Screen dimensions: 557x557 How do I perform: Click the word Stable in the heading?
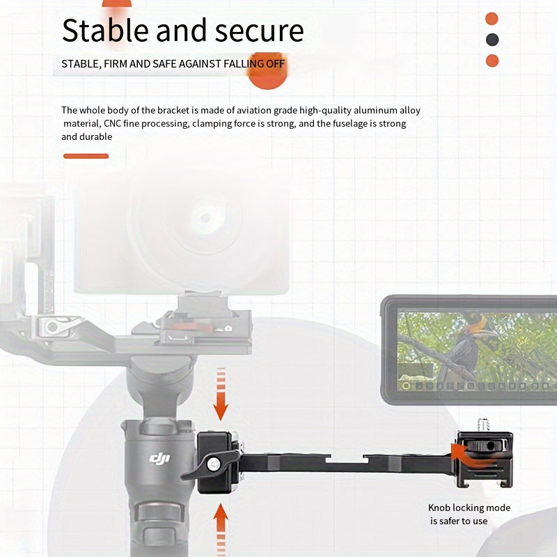(x=105, y=30)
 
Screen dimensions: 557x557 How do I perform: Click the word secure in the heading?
(x=259, y=31)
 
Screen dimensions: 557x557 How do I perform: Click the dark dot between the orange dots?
(x=492, y=40)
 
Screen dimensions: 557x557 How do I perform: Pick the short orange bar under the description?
(x=86, y=156)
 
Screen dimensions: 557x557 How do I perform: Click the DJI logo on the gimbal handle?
(x=159, y=458)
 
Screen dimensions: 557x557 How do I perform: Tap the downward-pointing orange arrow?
(x=221, y=394)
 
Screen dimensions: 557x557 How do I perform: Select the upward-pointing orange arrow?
(x=221, y=529)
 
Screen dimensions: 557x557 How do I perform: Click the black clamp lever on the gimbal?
(x=210, y=464)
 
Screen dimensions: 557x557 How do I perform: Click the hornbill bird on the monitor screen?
(x=469, y=346)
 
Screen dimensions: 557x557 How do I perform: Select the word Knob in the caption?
(x=439, y=508)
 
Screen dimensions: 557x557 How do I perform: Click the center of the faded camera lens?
(x=205, y=217)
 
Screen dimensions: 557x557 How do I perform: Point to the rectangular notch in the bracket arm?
(x=347, y=460)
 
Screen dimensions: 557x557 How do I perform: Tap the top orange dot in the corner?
(x=492, y=19)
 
